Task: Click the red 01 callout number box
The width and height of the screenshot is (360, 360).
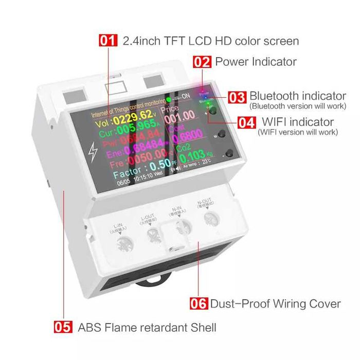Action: coord(108,41)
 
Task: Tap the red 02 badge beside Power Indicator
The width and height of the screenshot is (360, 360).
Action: coord(202,62)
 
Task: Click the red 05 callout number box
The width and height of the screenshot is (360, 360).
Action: coord(63,327)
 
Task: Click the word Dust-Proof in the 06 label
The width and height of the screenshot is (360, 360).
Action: coord(238,303)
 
